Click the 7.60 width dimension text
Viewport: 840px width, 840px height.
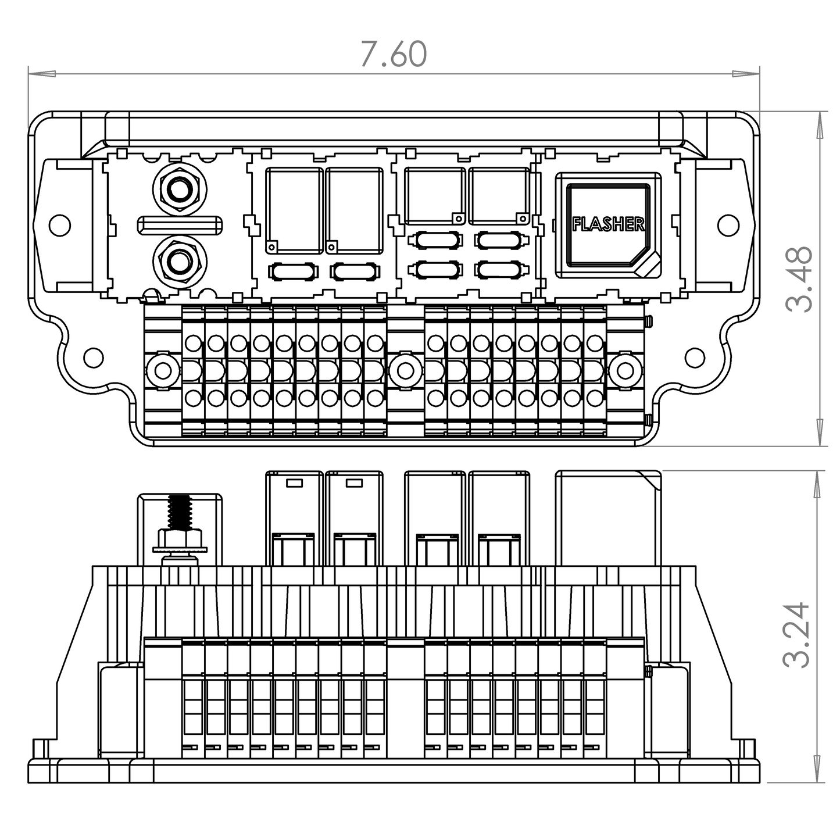[x=394, y=54]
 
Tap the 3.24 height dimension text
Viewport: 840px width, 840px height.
[x=796, y=635]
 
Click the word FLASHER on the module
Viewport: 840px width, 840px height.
[x=608, y=224]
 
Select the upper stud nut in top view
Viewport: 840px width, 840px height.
[x=180, y=188]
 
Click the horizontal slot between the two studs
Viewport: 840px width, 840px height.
[x=180, y=225]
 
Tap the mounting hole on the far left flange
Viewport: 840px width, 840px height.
[x=59, y=225]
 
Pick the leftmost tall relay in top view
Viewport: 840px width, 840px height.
[x=295, y=210]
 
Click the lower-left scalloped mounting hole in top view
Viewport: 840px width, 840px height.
[x=93, y=357]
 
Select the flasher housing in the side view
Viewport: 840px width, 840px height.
[x=608, y=517]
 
